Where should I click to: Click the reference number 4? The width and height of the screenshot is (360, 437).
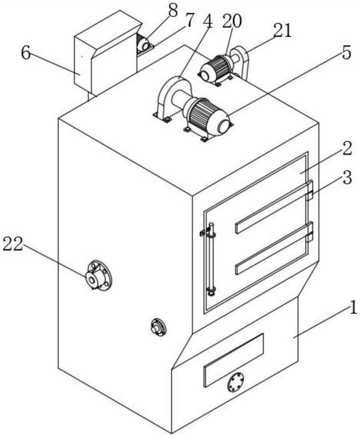tap(207, 22)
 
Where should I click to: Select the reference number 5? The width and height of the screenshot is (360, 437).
tap(346, 52)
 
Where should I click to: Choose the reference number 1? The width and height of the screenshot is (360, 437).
tap(352, 309)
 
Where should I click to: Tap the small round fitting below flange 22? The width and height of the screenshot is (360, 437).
tap(158, 327)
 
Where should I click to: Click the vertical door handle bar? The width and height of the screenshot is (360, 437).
tap(212, 258)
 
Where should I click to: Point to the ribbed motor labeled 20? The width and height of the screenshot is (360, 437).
tap(216, 68)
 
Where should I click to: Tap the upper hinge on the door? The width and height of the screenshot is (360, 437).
tap(310, 191)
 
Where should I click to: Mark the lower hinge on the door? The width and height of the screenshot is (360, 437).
tap(310, 232)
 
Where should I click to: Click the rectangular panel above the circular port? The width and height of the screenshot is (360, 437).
tap(234, 359)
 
